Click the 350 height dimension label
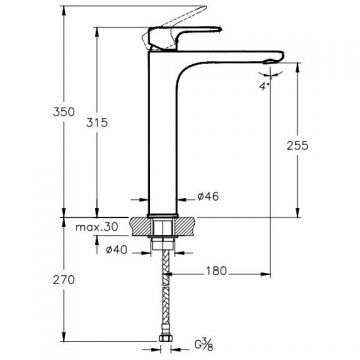[x=64, y=112]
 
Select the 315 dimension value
[x=97, y=122]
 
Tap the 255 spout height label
[x=298, y=146]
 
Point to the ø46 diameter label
[x=208, y=197]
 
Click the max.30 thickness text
[x=97, y=227]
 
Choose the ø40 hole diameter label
[x=116, y=250]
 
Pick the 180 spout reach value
[x=216, y=271]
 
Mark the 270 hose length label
[x=64, y=280]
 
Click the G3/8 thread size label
[x=203, y=345]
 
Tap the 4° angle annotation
[x=264, y=86]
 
